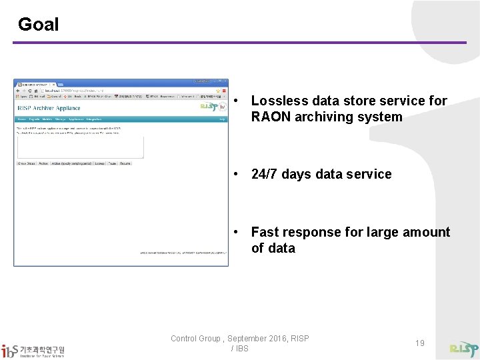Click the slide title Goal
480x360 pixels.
(x=38, y=25)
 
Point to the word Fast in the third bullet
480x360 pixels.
(x=265, y=232)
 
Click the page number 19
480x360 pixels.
(x=419, y=343)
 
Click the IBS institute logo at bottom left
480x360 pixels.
(x=33, y=350)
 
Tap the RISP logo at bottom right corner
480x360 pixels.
(x=463, y=349)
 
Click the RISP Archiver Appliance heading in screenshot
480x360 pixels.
(x=49, y=108)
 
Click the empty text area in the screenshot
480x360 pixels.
(x=80, y=147)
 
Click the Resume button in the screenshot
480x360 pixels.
(x=125, y=163)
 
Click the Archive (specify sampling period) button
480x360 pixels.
(x=71, y=163)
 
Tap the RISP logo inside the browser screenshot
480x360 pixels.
(x=209, y=107)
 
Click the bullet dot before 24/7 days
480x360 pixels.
(x=237, y=174)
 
